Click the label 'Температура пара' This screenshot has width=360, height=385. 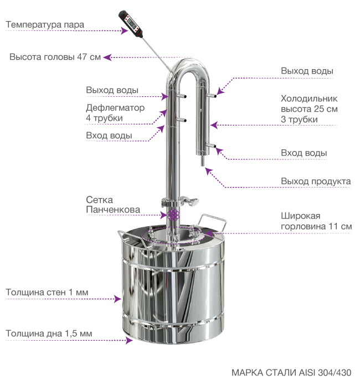pos(45,24)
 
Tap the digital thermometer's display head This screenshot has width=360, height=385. pos(130,24)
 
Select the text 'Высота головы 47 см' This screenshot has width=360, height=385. pos(55,57)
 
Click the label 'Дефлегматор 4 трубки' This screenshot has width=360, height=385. pos(115,113)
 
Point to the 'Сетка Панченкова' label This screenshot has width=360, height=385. pos(113,205)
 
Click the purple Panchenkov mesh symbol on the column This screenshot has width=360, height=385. pos(173,215)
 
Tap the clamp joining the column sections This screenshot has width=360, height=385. pos(179,202)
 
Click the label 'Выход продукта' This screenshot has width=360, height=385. pos(316,181)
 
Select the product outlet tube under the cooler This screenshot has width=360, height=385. pos(203,161)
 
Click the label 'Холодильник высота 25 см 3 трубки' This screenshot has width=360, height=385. pos(309,109)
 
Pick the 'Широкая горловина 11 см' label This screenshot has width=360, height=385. pos(316,221)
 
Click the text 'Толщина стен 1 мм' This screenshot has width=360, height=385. pos(47,292)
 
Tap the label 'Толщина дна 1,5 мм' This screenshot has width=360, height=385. pos(49,334)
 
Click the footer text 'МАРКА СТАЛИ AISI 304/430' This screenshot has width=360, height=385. pos(291,372)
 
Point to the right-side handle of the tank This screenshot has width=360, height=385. pos(213,222)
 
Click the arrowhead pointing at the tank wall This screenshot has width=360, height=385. pos(118,299)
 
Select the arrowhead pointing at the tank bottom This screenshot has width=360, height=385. pos(129,340)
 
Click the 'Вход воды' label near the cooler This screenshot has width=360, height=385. pos(304,153)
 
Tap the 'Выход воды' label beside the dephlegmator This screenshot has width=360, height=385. pos(112,90)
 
